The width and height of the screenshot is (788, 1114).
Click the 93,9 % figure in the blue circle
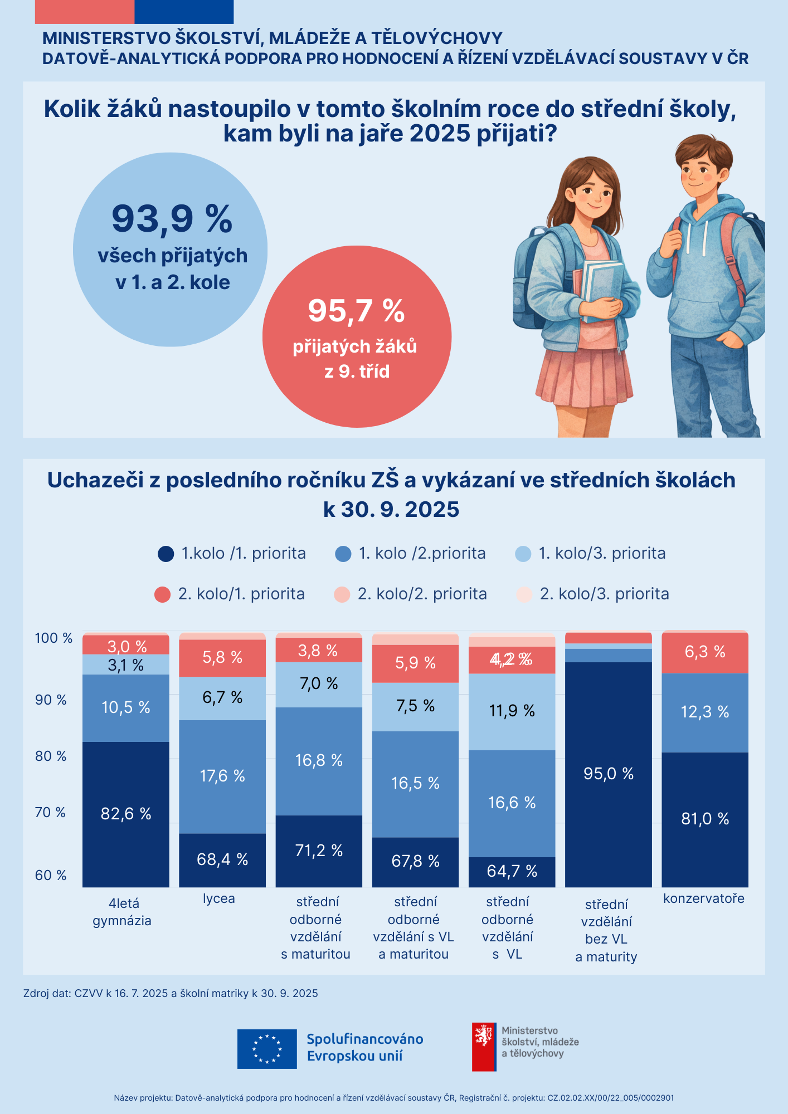172,218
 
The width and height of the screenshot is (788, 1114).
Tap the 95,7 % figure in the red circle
356,310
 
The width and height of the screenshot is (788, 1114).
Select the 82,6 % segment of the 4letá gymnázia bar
126,814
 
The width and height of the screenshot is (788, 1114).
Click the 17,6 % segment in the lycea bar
222,776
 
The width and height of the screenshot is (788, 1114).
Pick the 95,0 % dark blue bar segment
609,774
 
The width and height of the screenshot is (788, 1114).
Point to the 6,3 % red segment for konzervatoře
705,652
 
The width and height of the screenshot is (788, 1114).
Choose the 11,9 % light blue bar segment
512,711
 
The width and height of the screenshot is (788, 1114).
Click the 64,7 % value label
512,871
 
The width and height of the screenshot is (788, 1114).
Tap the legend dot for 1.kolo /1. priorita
166,554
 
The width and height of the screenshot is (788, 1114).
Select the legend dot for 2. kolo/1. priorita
162,594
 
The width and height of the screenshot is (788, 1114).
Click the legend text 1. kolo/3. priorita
602,553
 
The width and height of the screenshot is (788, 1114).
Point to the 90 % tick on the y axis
51,700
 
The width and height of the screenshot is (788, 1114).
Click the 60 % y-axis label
51,875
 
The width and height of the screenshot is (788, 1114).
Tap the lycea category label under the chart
219,898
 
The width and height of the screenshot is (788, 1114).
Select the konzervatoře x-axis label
704,898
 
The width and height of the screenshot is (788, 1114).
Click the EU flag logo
267,1049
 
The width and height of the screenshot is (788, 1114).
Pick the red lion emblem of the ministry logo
483,1037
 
